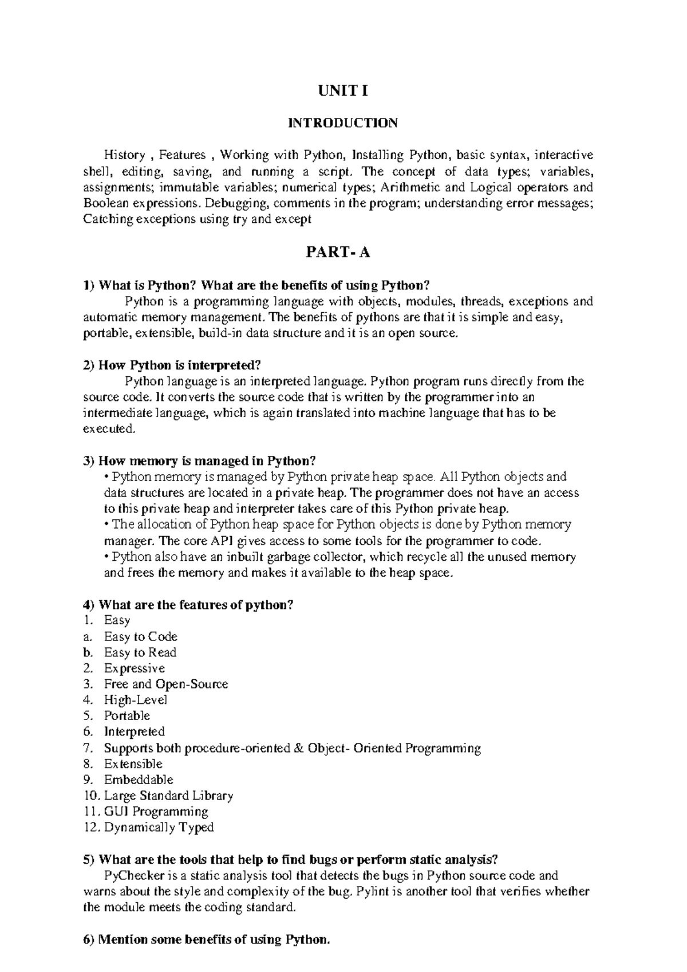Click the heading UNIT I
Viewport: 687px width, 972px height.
coord(343,91)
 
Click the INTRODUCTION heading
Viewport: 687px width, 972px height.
coord(343,123)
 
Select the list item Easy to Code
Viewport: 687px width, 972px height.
coord(140,636)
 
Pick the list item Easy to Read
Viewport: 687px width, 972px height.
coord(140,652)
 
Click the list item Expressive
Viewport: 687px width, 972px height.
coord(134,668)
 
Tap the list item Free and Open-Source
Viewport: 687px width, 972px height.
coord(165,684)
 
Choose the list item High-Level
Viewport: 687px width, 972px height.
coord(135,700)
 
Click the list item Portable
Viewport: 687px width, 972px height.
coord(127,715)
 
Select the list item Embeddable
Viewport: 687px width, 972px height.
coord(138,780)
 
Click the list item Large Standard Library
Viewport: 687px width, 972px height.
coord(168,796)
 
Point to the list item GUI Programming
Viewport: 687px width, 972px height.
coord(156,811)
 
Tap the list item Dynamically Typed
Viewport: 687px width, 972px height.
coord(159,827)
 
